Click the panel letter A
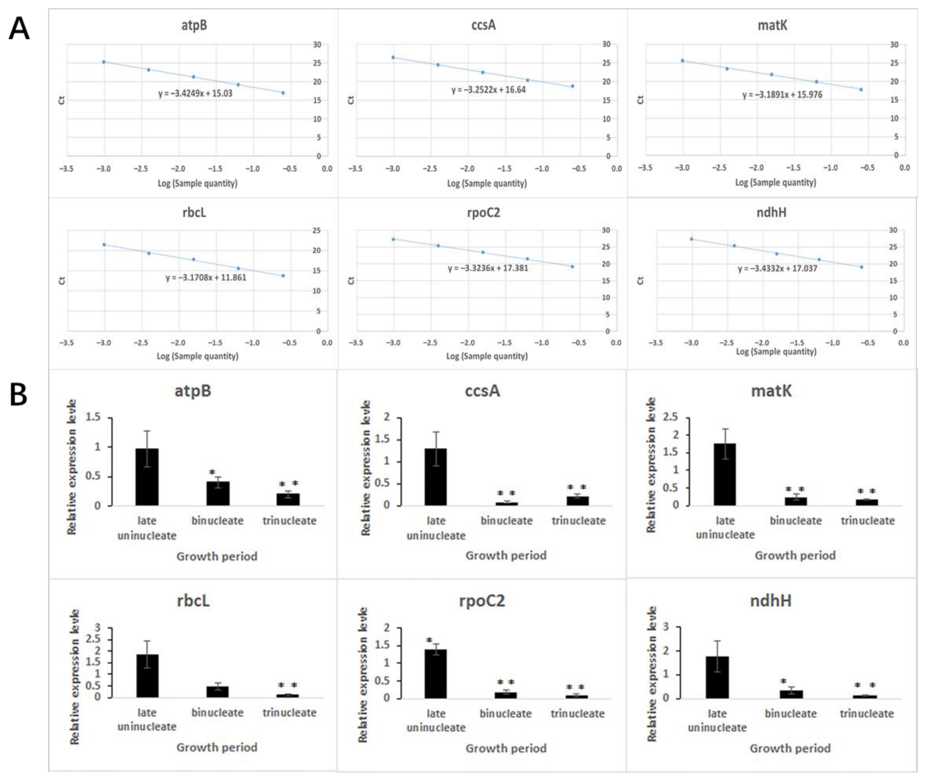pyautogui.click(x=19, y=29)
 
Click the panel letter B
pyautogui.click(x=18, y=395)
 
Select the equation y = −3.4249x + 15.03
pyautogui.click(x=195, y=94)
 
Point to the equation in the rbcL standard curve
pyautogui.click(x=206, y=278)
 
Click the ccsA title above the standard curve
pyautogui.click(x=483, y=25)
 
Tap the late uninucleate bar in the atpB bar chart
pyautogui.click(x=147, y=477)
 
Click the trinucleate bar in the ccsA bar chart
pyautogui.click(x=577, y=501)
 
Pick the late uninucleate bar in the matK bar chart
pyautogui.click(x=725, y=474)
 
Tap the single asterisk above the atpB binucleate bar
pyautogui.click(x=212, y=472)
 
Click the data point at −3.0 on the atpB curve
pyautogui.click(x=104, y=62)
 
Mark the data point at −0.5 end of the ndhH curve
pyautogui.click(x=861, y=267)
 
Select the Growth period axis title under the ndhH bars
pyautogui.click(x=790, y=748)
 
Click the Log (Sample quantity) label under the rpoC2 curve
pyautogui.click(x=487, y=356)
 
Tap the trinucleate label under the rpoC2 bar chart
pyautogui.click(x=577, y=714)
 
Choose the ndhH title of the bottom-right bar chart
pyautogui.click(x=770, y=601)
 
